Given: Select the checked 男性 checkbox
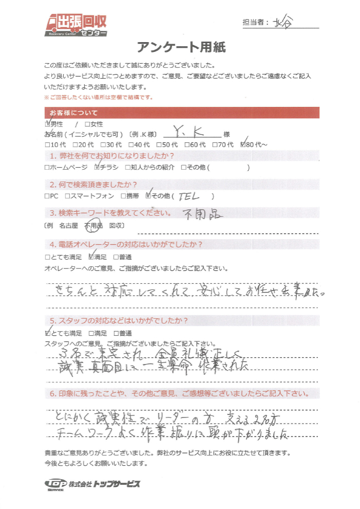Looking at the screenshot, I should (x=48, y=124).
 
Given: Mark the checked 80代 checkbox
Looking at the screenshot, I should (x=243, y=145).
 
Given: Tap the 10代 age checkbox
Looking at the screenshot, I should (x=48, y=145).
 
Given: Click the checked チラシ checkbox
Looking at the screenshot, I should (x=98, y=167).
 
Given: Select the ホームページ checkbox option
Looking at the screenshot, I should (x=48, y=167).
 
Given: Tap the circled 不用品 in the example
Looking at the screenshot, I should (x=94, y=225).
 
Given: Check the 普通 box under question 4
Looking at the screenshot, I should (x=116, y=257).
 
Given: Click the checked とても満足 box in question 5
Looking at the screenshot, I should (x=48, y=333).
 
